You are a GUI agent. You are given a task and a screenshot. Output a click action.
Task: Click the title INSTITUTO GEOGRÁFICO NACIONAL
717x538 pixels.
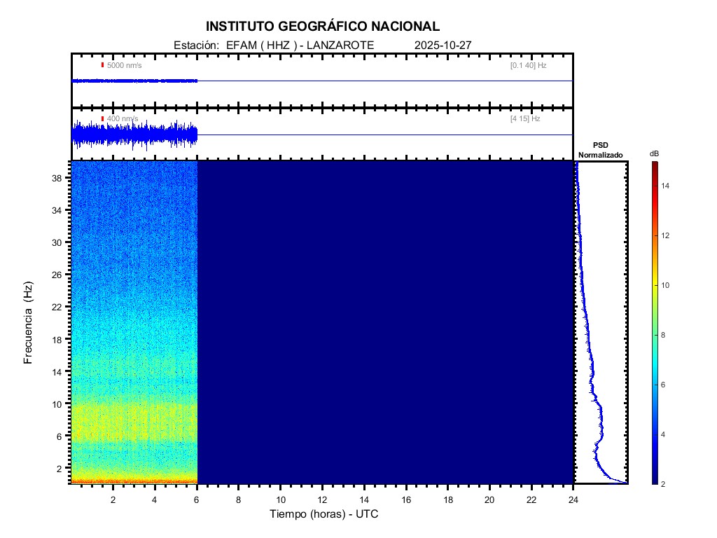pos(323,27)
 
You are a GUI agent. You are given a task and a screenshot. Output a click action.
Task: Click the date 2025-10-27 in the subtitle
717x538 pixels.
pos(443,45)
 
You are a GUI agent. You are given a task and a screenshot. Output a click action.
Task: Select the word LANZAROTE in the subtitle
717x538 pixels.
pos(342,45)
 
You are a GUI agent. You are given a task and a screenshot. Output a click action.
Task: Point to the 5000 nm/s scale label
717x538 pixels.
pos(124,65)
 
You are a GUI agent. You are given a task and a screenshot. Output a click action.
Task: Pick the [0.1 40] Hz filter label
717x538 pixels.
pos(528,65)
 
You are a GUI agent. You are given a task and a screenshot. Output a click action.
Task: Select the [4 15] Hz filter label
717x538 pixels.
pos(525,119)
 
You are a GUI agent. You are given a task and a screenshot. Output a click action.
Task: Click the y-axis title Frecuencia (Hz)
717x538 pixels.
pos(29,322)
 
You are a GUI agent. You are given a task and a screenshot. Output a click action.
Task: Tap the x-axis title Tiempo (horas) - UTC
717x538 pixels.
pos(324,514)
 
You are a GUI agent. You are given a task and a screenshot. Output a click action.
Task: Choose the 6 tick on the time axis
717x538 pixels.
pos(197,499)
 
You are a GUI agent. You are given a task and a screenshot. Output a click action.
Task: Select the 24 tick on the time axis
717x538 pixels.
pos(573,499)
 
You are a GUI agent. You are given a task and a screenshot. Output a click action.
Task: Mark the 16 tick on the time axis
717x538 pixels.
pos(406,499)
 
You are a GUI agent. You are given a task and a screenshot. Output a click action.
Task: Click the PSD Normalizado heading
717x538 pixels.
pos(601,150)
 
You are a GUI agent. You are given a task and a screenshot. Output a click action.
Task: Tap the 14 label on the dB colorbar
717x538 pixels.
pos(667,186)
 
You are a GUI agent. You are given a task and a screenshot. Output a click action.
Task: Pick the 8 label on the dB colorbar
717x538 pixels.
pos(666,336)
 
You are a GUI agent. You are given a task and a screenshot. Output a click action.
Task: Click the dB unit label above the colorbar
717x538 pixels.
pos(654,153)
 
